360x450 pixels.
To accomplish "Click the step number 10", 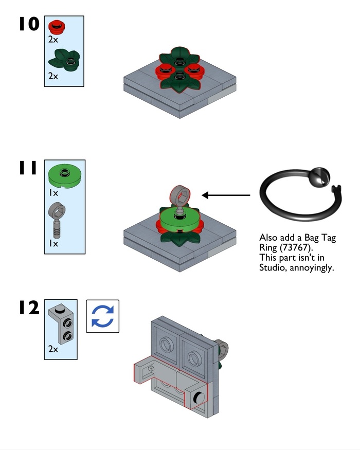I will pyautogui.click(x=29, y=24).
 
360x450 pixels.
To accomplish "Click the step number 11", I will pyautogui.click(x=28, y=168).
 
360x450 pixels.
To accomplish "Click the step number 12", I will pyautogui.click(x=29, y=309).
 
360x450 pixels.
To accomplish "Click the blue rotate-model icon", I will pyautogui.click(x=102, y=316).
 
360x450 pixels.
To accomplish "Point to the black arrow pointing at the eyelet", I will pyautogui.click(x=226, y=195).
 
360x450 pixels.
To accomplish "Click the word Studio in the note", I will pyautogui.click(x=271, y=268).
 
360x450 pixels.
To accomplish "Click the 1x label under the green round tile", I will pyautogui.click(x=53, y=193).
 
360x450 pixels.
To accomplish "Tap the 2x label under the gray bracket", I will pyautogui.click(x=53, y=349).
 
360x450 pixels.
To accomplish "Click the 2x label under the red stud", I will pyautogui.click(x=53, y=39).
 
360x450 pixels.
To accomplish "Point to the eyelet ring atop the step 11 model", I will pyautogui.click(x=181, y=195).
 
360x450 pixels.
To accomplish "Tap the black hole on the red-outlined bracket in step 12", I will pyautogui.click(x=197, y=396).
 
